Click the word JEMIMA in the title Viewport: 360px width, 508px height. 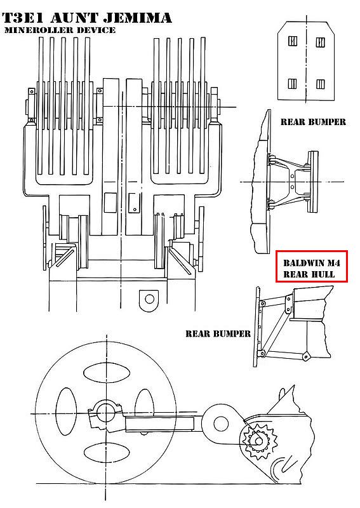[138, 18]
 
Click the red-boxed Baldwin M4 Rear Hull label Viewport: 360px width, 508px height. [311, 266]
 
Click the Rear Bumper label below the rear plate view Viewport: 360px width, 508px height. [313, 122]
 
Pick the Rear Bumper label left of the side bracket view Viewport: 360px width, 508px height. [218, 334]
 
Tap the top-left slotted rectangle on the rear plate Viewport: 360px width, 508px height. [293, 41]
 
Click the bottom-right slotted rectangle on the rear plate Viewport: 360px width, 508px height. [320, 84]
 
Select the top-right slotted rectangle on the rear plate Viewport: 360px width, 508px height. [321, 42]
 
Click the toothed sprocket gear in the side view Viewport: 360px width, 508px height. [258, 441]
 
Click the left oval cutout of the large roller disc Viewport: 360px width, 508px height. [67, 411]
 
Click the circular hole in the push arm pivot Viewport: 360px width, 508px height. [221, 424]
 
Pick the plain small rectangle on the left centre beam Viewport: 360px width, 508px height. [110, 203]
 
